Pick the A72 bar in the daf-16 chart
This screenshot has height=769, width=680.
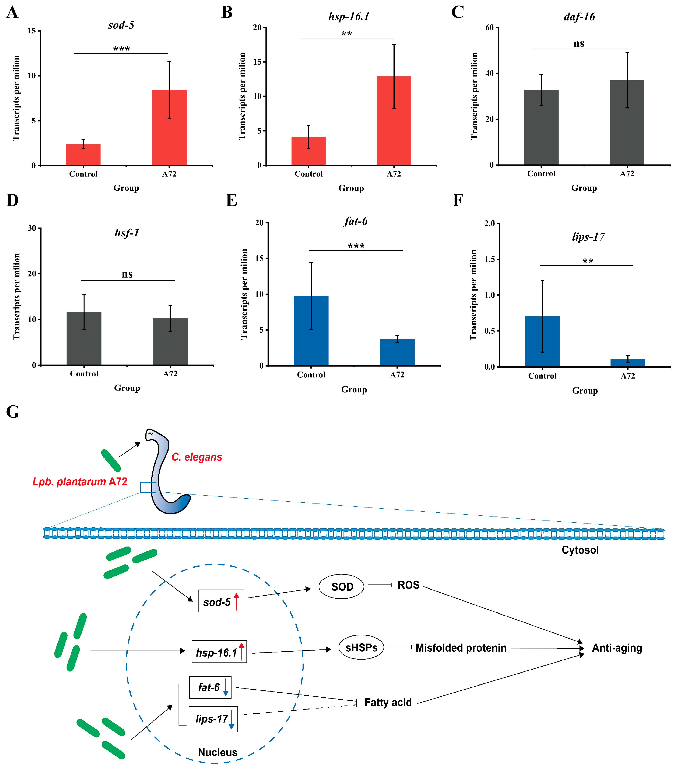627,122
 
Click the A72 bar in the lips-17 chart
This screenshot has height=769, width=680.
628,363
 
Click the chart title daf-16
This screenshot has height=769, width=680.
579,17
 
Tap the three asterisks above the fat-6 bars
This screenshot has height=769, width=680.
356,246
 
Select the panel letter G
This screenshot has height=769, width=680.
13,412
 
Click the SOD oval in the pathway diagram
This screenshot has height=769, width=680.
341,586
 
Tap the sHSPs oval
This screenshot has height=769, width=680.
361,647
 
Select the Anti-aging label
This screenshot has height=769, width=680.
617,648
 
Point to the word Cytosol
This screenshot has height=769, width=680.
580,550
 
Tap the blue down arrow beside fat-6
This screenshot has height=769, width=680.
226,688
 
